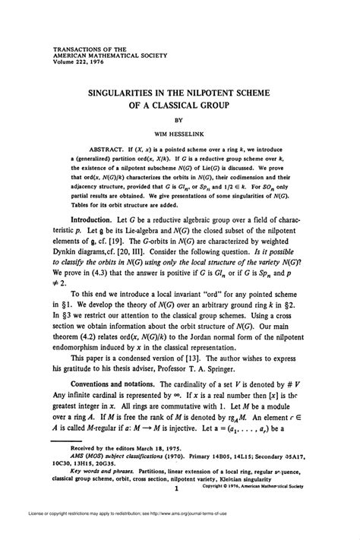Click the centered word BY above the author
click(x=180, y=118)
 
